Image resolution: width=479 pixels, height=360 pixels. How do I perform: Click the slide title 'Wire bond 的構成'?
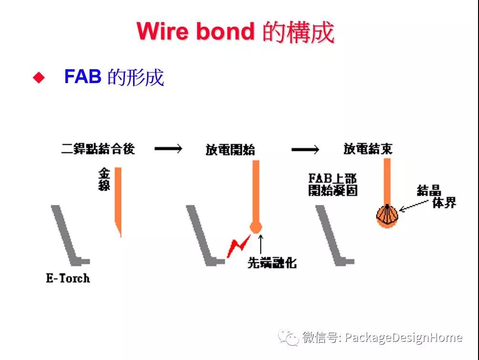[235, 32]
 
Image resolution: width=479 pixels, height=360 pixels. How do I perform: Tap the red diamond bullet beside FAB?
[39, 78]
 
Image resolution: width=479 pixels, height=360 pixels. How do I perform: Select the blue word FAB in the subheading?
[83, 77]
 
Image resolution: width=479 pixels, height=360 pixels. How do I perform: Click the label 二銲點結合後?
[98, 149]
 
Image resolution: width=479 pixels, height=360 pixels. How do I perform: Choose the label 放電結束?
[368, 149]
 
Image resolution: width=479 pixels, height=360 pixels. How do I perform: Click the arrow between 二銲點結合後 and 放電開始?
[168, 149]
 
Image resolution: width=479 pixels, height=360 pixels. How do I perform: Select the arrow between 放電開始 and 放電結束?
[305, 149]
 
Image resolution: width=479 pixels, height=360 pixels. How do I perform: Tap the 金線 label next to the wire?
[104, 179]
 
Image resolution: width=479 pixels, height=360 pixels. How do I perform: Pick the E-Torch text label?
[68, 278]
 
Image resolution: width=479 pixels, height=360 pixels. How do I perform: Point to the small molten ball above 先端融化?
[256, 227]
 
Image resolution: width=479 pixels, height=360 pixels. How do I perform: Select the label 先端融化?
[271, 262]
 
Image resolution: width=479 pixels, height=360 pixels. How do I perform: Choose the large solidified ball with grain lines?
[387, 216]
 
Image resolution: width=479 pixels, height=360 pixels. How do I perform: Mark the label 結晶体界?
[436, 197]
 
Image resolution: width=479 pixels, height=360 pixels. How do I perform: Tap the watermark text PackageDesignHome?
[403, 338]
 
